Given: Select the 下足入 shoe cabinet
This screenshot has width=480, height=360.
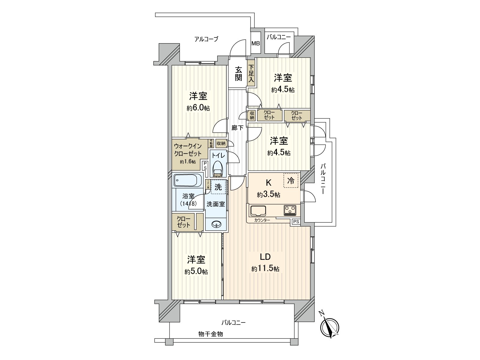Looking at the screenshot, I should coord(251,73).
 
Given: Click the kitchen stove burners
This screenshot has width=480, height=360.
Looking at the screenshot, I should coord(290,209).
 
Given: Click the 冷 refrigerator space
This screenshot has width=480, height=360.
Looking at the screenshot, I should coord(291,181).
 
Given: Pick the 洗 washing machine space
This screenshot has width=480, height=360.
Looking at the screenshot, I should coord(218,187).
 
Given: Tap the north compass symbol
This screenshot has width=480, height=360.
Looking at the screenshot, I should coord(330,327).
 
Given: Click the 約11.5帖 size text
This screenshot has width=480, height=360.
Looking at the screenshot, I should coord(265,269).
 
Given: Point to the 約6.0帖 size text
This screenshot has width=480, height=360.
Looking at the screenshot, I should coord(198,108).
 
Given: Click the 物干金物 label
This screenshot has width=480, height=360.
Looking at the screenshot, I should coord(211,334).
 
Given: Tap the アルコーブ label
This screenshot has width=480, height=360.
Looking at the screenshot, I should coord(206,39).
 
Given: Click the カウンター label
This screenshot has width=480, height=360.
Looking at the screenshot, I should coord(262,220).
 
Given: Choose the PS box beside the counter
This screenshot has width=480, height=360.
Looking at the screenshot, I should coord(296,222).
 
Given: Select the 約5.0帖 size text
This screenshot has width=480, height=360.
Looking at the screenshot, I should coord(196,272).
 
